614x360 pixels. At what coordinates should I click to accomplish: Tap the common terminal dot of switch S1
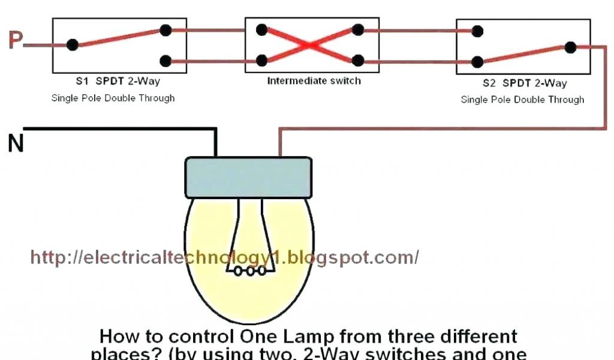point(73,44)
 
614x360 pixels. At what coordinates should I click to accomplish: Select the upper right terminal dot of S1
point(165,30)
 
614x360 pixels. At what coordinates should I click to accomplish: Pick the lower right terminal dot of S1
point(165,60)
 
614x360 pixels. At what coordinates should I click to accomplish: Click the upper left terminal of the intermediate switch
point(261,29)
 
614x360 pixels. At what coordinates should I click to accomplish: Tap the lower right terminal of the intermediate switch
point(358,60)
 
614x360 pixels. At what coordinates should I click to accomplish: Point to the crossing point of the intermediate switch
point(310,45)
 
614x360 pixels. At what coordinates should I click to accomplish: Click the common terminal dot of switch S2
point(570,47)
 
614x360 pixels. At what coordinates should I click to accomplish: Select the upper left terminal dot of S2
point(477,31)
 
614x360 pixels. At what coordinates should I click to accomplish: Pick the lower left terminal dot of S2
point(477,61)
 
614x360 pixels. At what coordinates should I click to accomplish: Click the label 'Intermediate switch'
point(314,80)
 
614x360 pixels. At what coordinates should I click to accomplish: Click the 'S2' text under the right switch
point(490,83)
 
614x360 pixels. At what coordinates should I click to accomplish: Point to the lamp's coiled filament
point(250,271)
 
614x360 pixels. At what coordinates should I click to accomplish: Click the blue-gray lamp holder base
point(248,177)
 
